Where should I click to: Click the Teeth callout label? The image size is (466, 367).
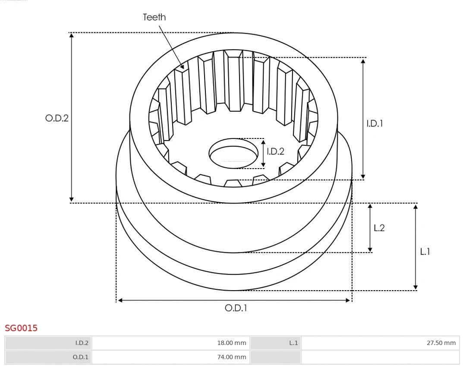(x=154, y=17)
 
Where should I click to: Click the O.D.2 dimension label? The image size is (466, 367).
(x=57, y=118)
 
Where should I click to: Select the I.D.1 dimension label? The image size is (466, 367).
(x=375, y=123)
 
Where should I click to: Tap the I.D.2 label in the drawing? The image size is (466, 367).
(x=275, y=151)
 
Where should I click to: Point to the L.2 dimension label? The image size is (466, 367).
(x=379, y=228)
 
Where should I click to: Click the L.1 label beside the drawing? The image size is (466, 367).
(x=425, y=251)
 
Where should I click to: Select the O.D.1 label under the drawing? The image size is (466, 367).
(x=236, y=308)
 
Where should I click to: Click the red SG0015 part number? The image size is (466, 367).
(x=21, y=328)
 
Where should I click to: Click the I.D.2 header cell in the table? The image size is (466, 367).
(x=48, y=343)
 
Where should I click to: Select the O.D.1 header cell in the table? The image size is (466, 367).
(x=48, y=357)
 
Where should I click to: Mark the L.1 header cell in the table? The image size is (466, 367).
(x=275, y=343)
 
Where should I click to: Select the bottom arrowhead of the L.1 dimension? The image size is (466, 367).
(x=416, y=287)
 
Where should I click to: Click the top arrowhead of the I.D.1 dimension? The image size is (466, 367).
(x=363, y=60)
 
